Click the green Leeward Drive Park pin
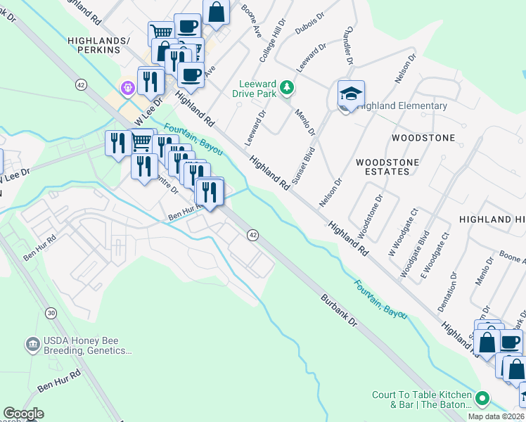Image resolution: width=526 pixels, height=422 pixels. point(286,87)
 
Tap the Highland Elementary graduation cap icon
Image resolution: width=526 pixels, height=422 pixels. point(351,94)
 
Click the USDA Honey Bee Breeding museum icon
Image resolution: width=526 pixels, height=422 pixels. point(32,344)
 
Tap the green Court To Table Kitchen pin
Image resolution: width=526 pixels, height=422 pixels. point(482,398)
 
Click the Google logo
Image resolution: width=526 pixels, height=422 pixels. point(23,414)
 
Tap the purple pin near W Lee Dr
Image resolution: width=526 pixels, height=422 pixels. point(127,88)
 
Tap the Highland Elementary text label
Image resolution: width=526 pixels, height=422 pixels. point(402,106)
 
